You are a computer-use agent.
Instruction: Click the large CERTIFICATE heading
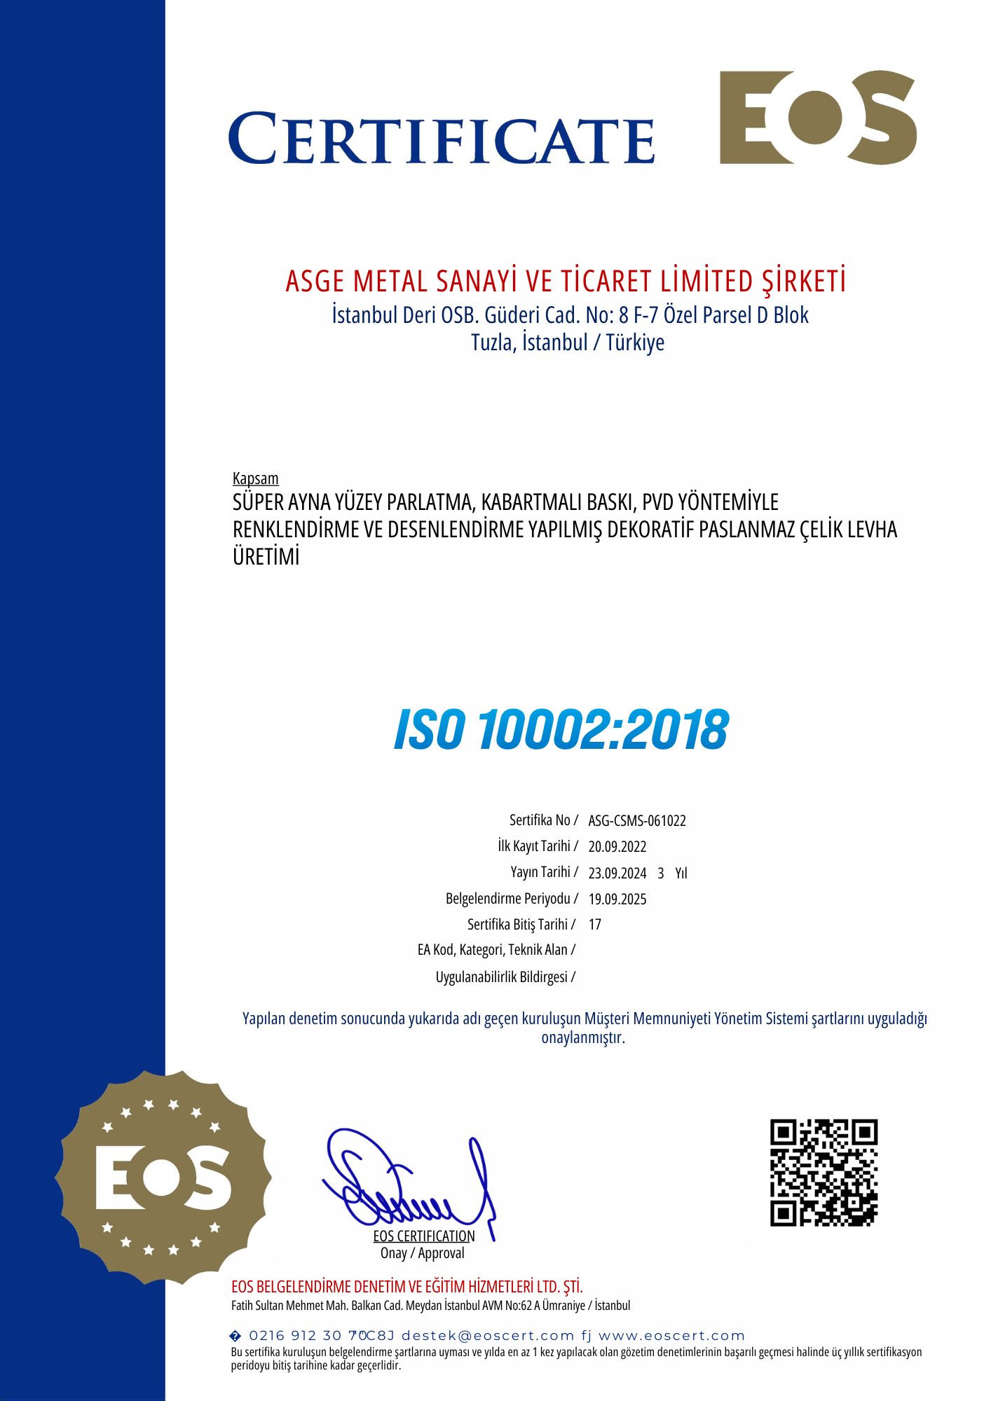click(x=442, y=138)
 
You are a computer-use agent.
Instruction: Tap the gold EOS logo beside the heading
click(x=818, y=118)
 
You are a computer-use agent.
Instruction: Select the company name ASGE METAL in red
click(x=566, y=282)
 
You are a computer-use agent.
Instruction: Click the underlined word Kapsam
click(x=255, y=478)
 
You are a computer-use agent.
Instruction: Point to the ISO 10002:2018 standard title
click(x=561, y=729)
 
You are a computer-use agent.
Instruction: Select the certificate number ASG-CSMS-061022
click(x=636, y=820)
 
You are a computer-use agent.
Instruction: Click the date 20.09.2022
click(x=617, y=846)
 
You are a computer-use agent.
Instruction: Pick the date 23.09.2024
click(x=617, y=873)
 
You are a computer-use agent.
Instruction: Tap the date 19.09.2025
click(x=617, y=899)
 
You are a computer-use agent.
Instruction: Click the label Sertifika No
click(x=543, y=820)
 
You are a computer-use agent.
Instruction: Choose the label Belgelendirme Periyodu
click(x=512, y=898)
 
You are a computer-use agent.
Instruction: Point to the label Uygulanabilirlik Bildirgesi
click(x=505, y=976)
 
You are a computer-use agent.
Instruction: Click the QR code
click(x=823, y=1173)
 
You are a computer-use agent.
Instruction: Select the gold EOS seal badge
click(x=163, y=1177)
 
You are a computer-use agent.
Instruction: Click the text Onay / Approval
click(x=422, y=1253)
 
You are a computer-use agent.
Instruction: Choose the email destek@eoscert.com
click(x=488, y=1336)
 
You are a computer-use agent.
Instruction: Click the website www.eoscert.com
click(x=671, y=1336)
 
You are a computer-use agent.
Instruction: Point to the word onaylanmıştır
click(x=582, y=1037)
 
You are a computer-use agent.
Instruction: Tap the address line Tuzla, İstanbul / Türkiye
click(x=567, y=343)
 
